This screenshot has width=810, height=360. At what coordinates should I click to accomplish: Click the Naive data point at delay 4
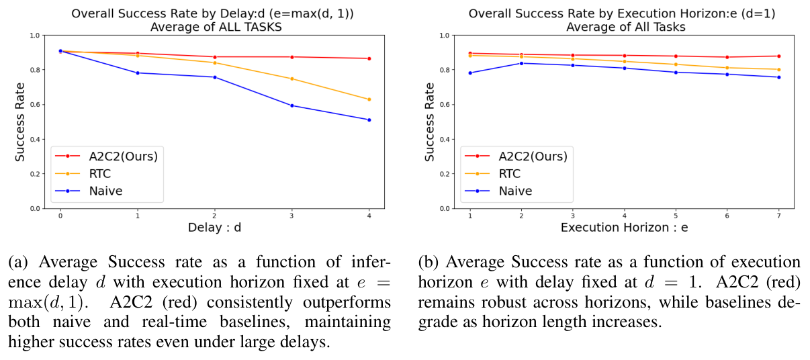coord(369,120)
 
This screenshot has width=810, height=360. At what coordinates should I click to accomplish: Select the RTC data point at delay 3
coord(291,79)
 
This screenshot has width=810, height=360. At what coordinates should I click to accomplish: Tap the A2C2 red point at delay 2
coord(214,57)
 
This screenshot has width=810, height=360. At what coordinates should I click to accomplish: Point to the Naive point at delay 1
coord(138,73)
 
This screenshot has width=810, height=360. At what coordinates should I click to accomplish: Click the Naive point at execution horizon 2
coord(521,63)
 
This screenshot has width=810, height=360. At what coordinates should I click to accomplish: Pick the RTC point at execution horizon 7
coord(778,69)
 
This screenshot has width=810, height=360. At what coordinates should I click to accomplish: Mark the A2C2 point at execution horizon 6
coord(727,57)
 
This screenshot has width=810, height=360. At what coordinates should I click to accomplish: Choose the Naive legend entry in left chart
coord(105,191)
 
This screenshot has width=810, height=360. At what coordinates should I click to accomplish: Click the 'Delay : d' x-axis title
coord(214,228)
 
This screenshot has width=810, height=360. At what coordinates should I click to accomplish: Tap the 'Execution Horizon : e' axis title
coord(624,228)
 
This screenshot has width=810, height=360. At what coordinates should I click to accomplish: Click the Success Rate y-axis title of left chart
coord(21,122)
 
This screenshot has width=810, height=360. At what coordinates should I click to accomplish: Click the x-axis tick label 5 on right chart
coord(676,215)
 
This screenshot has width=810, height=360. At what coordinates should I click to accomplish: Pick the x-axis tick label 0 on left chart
coord(60,215)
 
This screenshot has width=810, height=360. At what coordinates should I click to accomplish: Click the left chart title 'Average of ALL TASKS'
coord(214,27)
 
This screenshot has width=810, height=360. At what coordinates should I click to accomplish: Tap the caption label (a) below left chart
coord(19,262)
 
